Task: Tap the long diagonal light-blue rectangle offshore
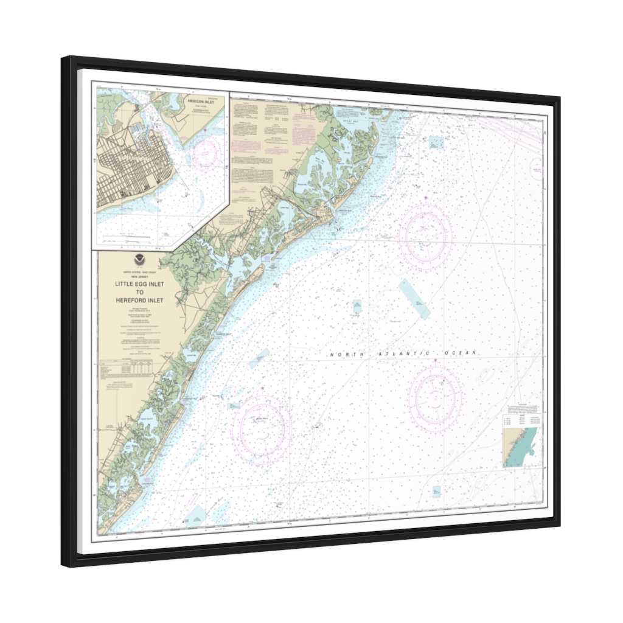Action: point(414,299)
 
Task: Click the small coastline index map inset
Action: point(521,447)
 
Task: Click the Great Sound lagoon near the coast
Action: point(148,419)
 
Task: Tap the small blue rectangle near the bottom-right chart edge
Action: point(436,490)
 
